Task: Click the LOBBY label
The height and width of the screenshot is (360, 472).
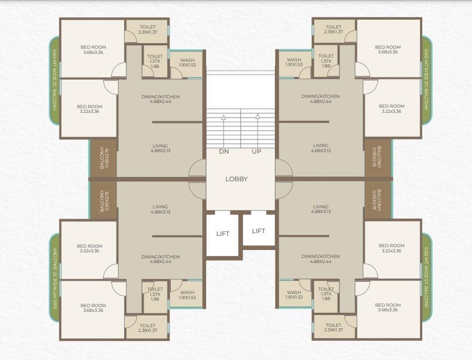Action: click(x=236, y=179)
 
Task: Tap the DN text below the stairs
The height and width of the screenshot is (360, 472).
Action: click(x=224, y=151)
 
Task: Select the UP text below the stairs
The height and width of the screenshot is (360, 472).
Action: click(x=256, y=151)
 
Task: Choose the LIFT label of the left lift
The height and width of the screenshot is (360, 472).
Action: click(x=223, y=233)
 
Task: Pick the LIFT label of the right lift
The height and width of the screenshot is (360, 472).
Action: click(x=258, y=231)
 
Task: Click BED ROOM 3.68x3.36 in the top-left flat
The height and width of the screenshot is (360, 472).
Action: click(x=93, y=49)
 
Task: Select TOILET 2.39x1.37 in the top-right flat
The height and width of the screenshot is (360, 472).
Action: click(x=333, y=30)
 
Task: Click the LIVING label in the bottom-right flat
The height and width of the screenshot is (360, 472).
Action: click(x=321, y=209)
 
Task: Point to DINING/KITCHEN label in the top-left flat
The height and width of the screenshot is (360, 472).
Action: click(x=160, y=99)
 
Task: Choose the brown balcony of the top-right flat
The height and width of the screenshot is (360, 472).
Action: click(x=377, y=157)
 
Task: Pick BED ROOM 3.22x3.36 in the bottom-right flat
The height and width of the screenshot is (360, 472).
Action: click(x=391, y=248)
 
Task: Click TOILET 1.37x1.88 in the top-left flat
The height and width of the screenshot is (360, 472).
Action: click(x=155, y=61)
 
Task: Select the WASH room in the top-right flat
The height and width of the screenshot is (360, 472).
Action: click(x=294, y=62)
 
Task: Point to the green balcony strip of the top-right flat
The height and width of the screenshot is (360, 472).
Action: click(x=426, y=80)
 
